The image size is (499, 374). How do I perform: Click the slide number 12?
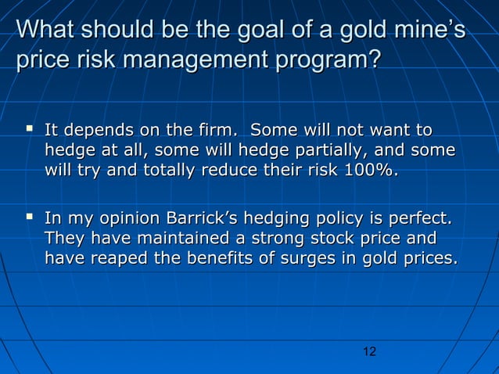[370, 352]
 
